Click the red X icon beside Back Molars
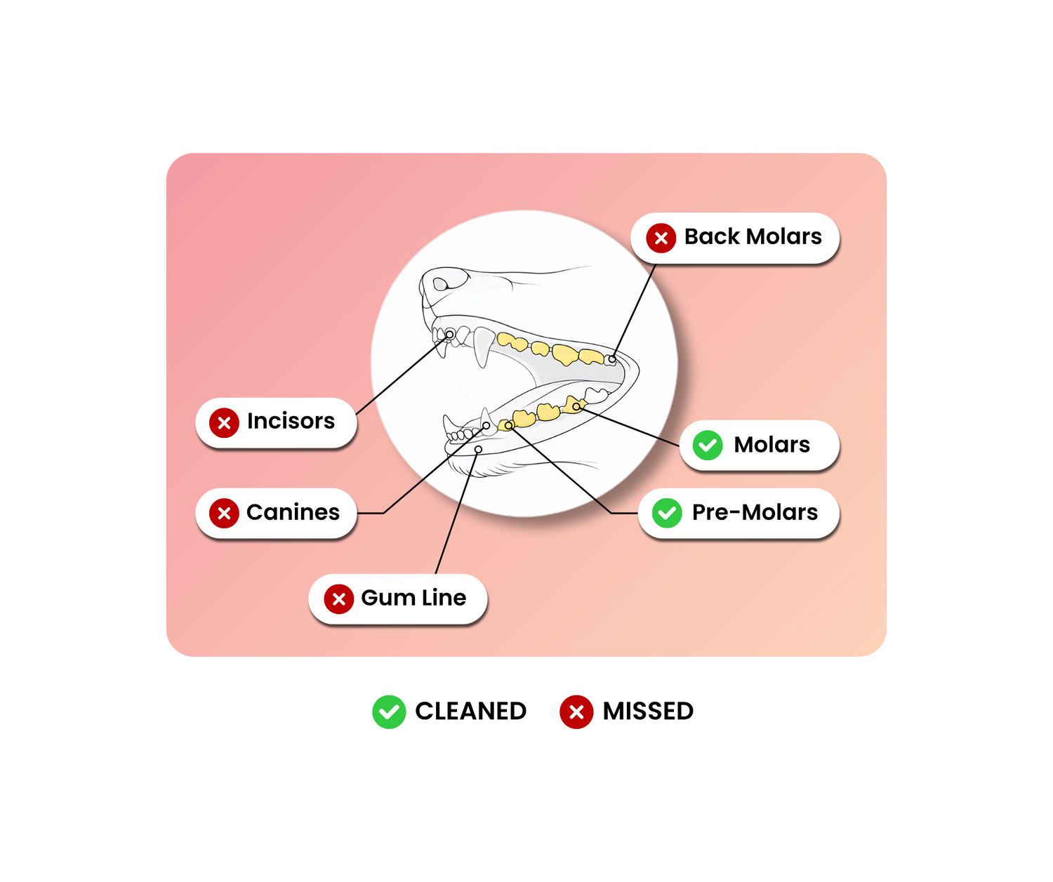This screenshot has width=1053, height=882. (x=661, y=237)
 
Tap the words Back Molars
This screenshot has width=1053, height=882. (x=753, y=236)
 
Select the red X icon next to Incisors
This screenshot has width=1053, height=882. (x=224, y=422)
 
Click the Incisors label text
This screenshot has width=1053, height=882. (x=291, y=421)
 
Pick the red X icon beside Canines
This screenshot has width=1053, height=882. (x=224, y=513)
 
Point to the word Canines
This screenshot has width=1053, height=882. (x=293, y=512)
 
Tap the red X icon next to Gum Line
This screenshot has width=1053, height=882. (x=338, y=599)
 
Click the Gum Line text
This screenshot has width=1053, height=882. (x=413, y=598)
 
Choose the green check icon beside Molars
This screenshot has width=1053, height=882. (x=707, y=445)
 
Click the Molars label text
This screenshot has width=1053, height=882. (x=771, y=445)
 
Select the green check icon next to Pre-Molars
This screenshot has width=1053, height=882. (x=666, y=513)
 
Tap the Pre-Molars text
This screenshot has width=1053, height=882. (x=755, y=512)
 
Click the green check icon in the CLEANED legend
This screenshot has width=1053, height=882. (x=388, y=711)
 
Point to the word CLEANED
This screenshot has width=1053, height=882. (x=470, y=711)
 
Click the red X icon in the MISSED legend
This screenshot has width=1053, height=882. (x=576, y=711)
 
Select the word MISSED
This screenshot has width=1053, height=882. (x=648, y=711)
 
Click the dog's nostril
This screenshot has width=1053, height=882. (x=439, y=284)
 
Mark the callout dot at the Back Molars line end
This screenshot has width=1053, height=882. (x=611, y=359)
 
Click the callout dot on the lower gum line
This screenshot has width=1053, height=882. (x=478, y=449)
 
